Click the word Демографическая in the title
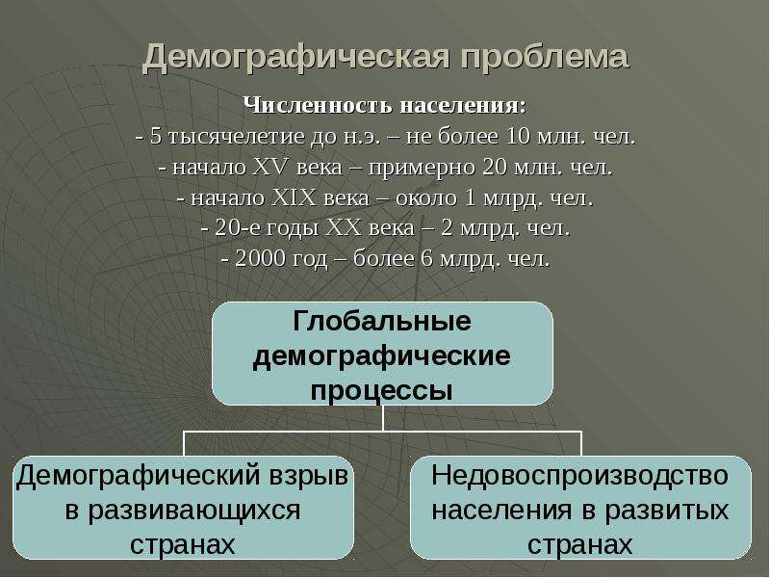(x=296, y=58)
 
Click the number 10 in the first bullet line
(x=518, y=136)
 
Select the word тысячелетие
(x=237, y=137)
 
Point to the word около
(x=425, y=198)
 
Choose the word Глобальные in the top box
(x=382, y=322)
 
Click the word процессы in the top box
(x=381, y=392)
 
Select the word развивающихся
(x=183, y=511)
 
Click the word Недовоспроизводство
(x=580, y=475)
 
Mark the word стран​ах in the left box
(x=183, y=544)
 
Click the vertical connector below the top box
(x=382, y=418)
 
